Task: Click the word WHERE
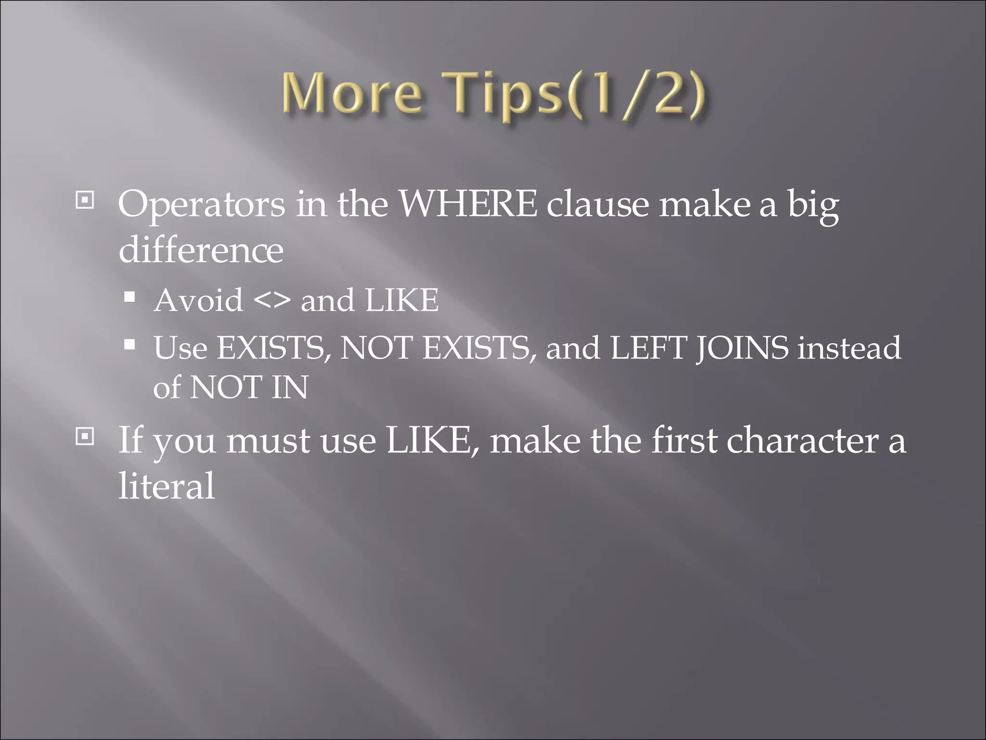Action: point(468,204)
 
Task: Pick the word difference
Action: point(201,250)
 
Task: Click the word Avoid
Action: point(198,301)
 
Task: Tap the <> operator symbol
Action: point(272,301)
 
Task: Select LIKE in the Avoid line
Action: point(402,301)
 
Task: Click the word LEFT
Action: point(648,348)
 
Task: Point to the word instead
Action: point(849,348)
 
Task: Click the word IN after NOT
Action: point(289,387)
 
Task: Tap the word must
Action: point(268,440)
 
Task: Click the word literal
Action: point(167,486)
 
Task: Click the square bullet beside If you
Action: point(85,436)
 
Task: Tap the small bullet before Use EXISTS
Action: point(129,344)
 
